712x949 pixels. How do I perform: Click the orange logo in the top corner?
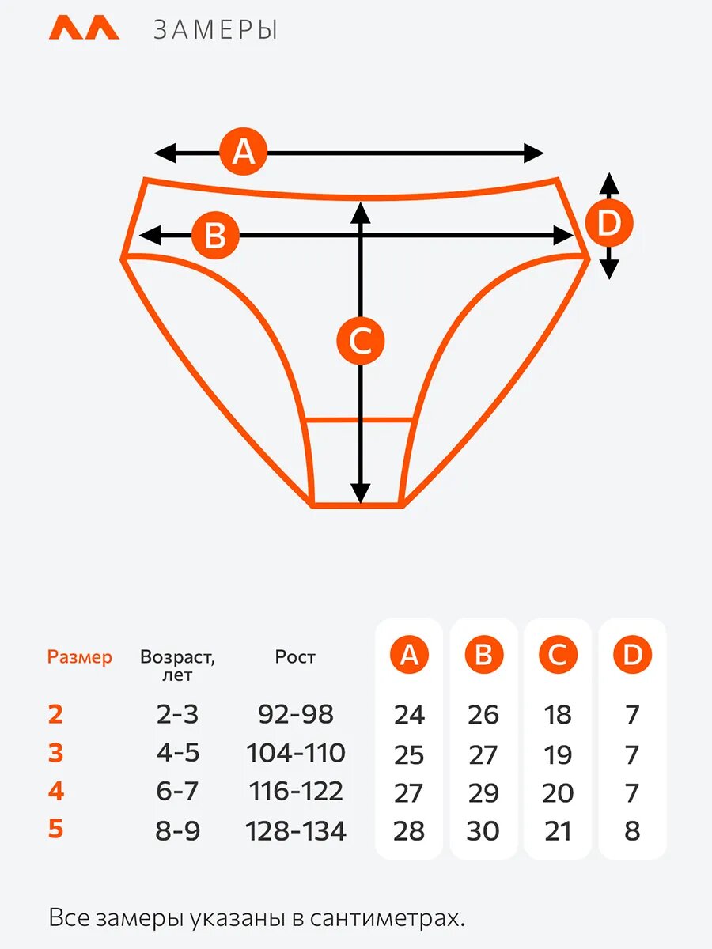(x=84, y=28)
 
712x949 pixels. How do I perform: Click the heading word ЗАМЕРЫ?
(x=216, y=30)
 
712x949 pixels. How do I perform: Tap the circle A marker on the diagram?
(x=244, y=151)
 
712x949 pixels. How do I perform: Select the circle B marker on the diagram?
(x=215, y=235)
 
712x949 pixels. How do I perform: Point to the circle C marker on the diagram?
(x=360, y=342)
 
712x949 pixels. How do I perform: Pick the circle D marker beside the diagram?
(x=608, y=224)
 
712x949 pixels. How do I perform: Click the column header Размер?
(x=80, y=657)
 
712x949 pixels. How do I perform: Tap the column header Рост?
(x=295, y=657)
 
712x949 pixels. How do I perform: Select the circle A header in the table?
(x=409, y=655)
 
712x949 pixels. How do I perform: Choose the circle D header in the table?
(x=632, y=655)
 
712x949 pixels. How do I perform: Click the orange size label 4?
(x=55, y=792)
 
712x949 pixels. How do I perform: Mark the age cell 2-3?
(x=177, y=715)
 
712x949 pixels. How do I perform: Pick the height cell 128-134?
(x=295, y=831)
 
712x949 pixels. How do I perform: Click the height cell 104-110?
(x=295, y=753)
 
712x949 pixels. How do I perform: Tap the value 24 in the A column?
(x=409, y=715)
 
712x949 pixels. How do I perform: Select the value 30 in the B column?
(x=483, y=831)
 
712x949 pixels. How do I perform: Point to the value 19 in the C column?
(x=558, y=754)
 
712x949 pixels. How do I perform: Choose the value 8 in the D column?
(x=632, y=831)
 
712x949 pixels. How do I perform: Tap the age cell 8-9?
(x=177, y=831)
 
